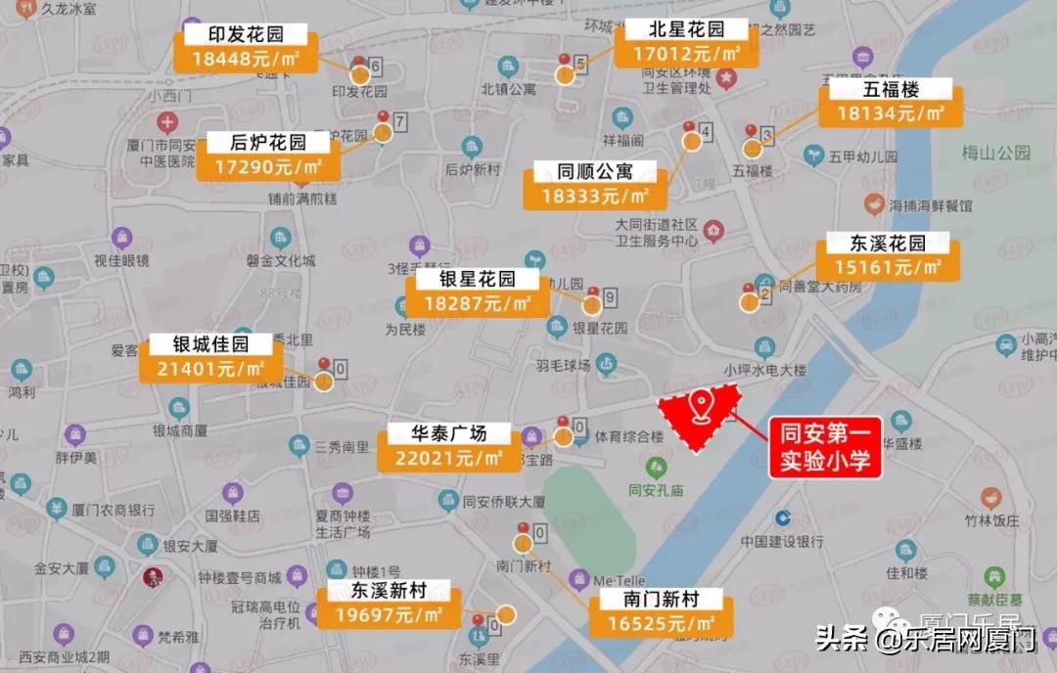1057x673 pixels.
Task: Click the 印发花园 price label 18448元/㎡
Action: coord(245,60)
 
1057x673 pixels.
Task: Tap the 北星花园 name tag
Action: coord(686,29)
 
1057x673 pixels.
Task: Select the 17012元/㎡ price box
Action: coord(686,55)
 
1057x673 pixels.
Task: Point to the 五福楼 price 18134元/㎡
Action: coord(891,113)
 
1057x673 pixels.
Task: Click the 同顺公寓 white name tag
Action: coord(595,171)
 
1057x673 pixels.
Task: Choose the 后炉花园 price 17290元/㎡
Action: coord(269,167)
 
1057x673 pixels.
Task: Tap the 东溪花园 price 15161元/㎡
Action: coord(889,267)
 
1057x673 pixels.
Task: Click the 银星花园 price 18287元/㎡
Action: coord(479,303)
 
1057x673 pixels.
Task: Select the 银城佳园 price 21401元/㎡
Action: coord(210,369)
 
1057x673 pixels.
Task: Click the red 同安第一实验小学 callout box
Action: coord(825,447)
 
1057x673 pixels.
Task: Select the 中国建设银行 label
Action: coord(782,541)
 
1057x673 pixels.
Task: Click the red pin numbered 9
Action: coord(592,293)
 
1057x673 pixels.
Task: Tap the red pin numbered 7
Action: coord(383,119)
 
